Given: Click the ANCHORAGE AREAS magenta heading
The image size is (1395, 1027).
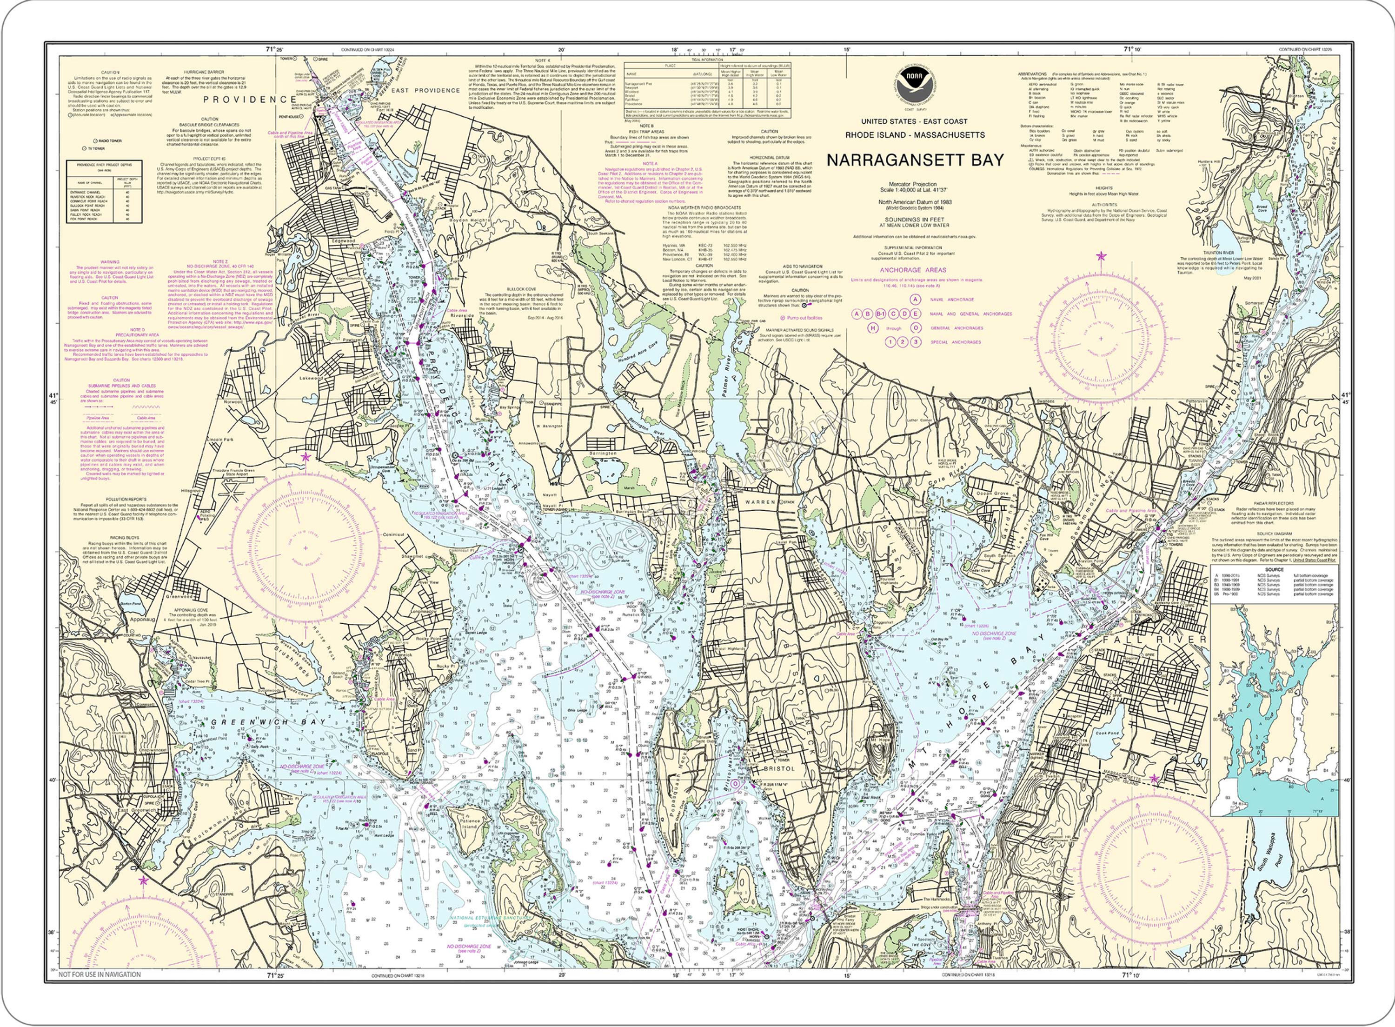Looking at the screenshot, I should coord(913,270).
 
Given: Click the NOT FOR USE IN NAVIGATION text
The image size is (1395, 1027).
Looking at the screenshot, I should coord(100,975).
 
